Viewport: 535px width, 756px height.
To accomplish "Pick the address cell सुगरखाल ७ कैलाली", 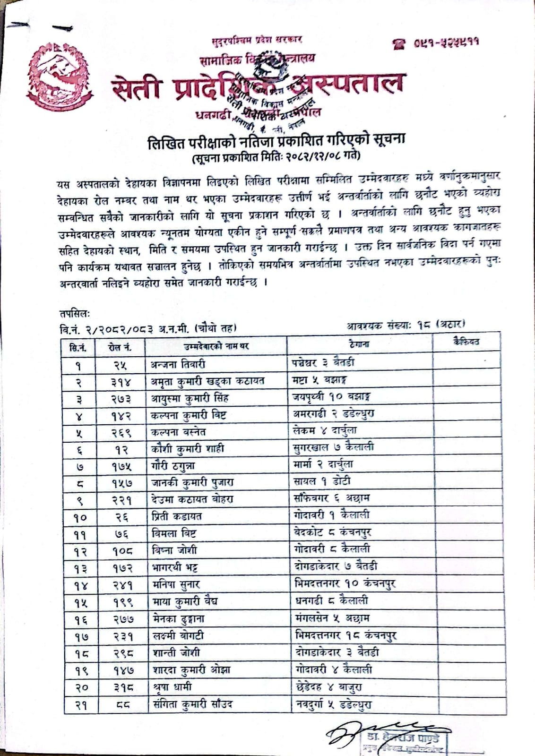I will pos(333,447).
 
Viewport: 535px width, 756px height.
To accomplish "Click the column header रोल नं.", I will pos(120,347).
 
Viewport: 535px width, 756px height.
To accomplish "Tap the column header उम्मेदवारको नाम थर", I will pos(216,347).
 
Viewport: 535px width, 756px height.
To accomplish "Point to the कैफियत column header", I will pos(465,342).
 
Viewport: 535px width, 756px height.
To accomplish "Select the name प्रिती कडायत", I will pos(176,516).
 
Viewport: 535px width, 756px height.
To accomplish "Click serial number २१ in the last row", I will pos(80,705).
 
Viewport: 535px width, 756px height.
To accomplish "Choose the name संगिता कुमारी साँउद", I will pos(192,704).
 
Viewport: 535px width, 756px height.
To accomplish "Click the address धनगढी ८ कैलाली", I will pos(330,601).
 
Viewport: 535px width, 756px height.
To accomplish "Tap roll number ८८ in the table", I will pos(121,705).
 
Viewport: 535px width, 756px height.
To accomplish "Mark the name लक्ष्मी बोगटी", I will pos(178,636).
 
